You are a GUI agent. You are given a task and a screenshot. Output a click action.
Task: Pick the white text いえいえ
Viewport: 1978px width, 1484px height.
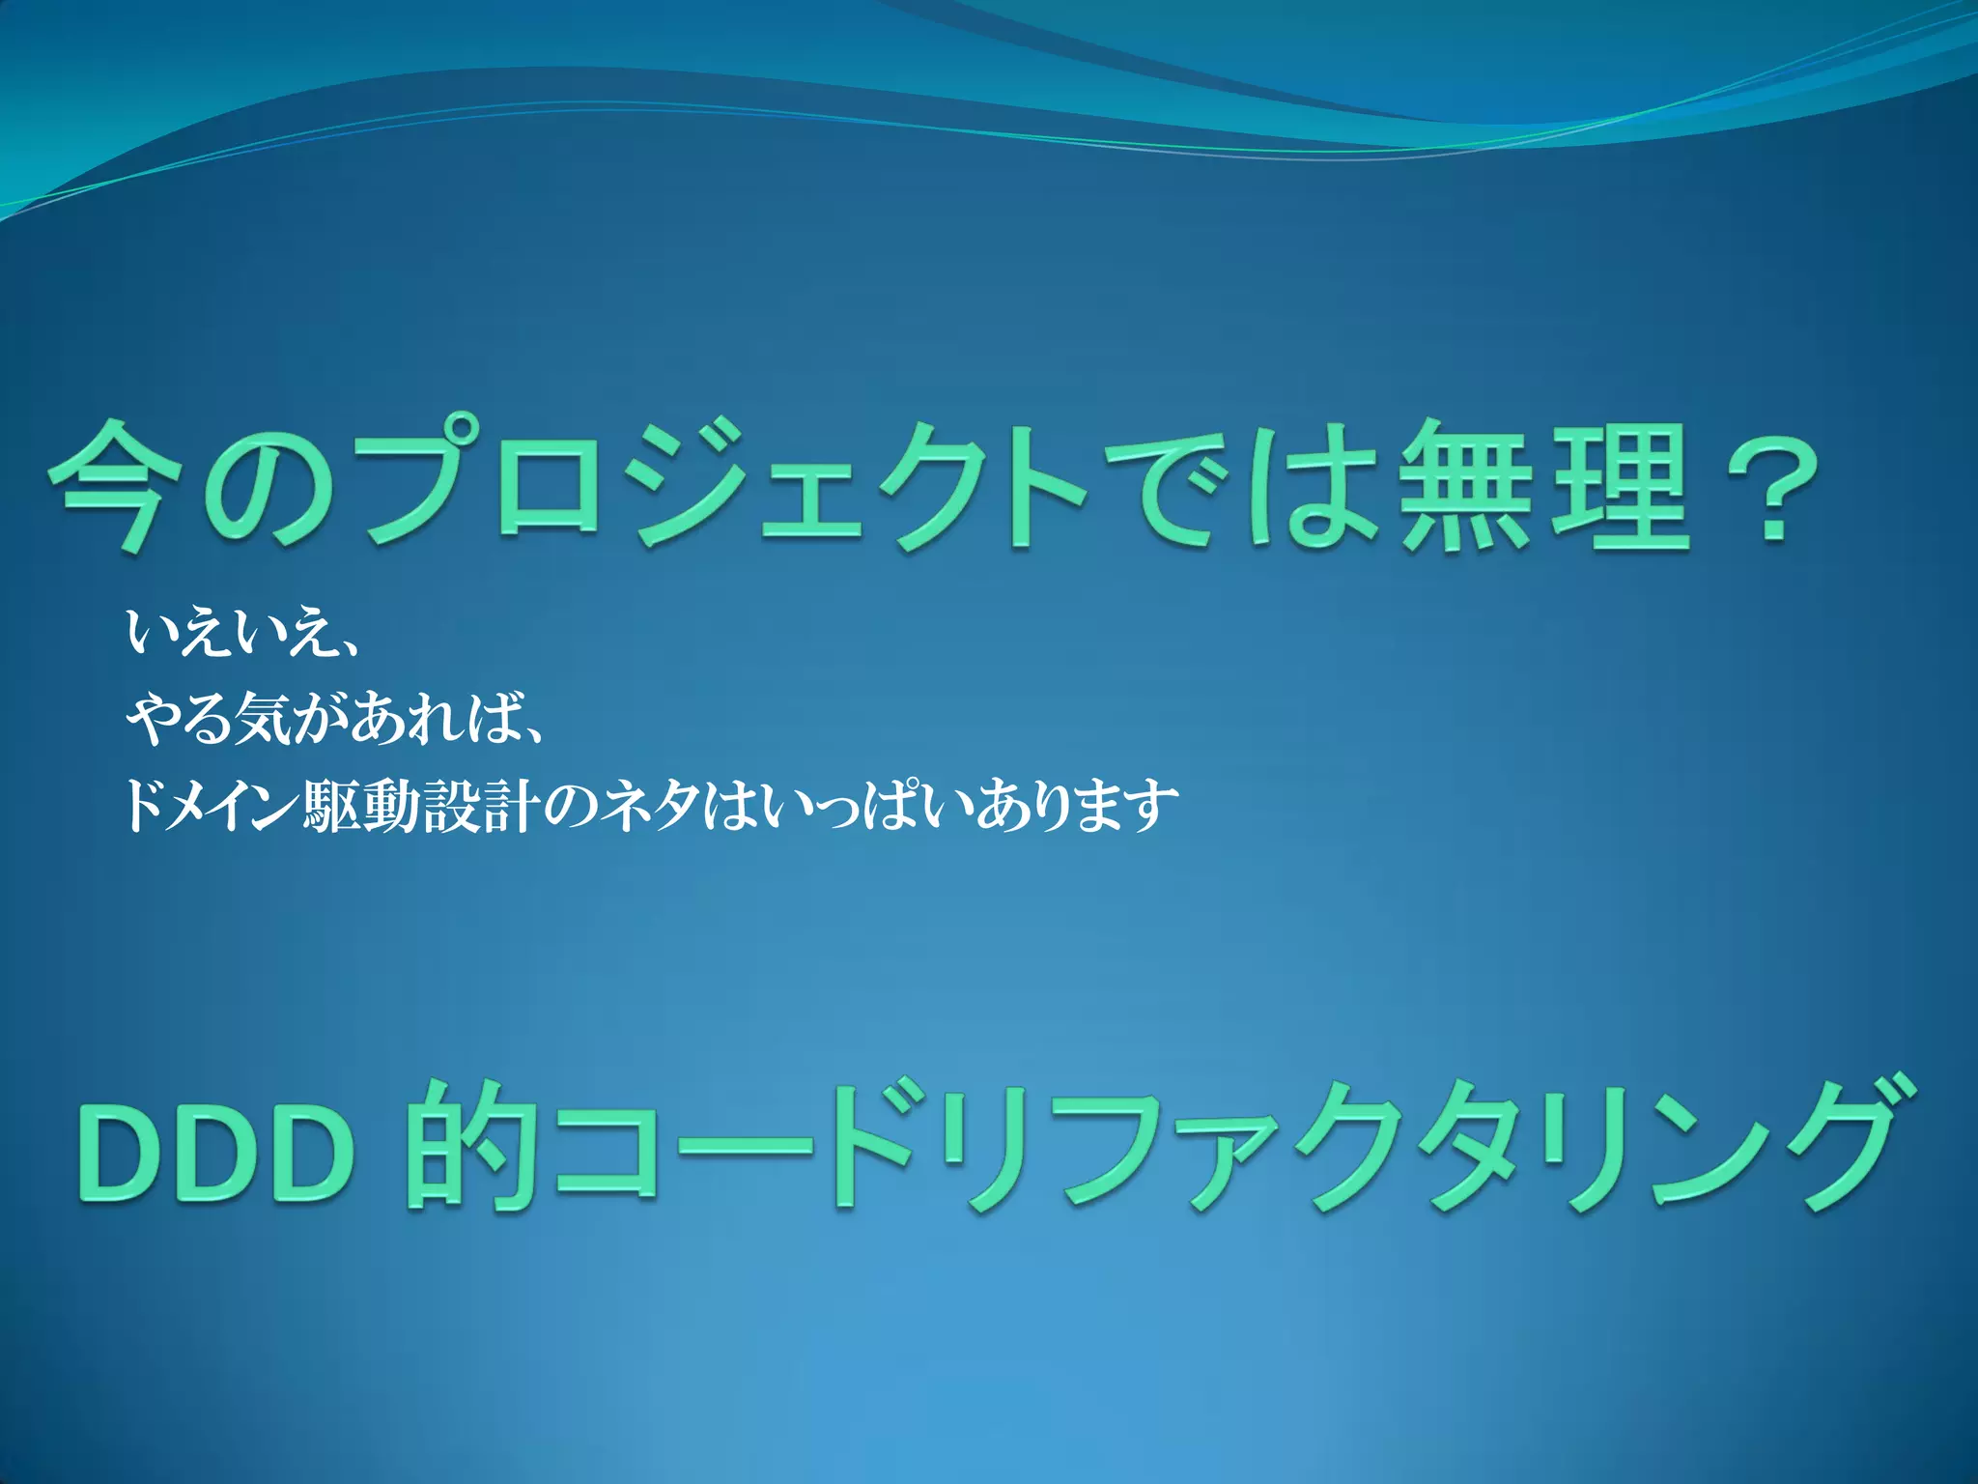[232, 634]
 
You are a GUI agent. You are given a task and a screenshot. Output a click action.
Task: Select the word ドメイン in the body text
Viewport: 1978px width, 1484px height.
[210, 806]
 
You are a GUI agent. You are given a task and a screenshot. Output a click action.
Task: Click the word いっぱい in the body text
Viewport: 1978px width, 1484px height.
[850, 806]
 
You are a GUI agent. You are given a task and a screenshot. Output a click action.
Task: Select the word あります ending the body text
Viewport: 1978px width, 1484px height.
[1077, 806]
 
